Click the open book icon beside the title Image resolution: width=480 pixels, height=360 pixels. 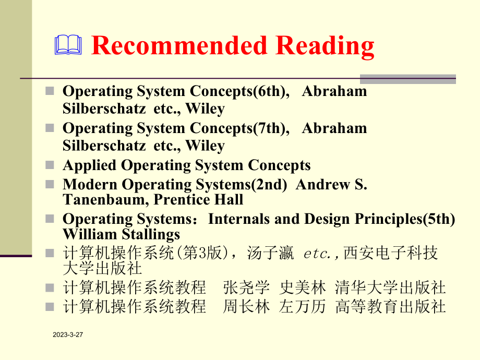pyautogui.click(x=68, y=45)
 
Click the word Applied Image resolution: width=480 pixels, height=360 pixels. pyautogui.click(x=90, y=165)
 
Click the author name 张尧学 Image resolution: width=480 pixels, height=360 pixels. pyautogui.click(x=246, y=287)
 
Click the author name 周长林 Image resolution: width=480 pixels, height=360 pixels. pyautogui.click(x=246, y=306)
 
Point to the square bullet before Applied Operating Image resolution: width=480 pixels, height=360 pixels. pyautogui.click(x=50, y=165)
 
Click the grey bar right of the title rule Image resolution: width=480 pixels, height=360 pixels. pyautogui.click(x=407, y=79)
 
